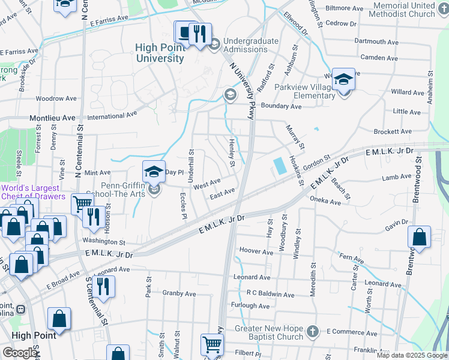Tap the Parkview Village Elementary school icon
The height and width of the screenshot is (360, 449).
(x=343, y=80)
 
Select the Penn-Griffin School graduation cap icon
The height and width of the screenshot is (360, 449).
(x=154, y=172)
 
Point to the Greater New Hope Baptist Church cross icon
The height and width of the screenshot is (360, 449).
(x=312, y=331)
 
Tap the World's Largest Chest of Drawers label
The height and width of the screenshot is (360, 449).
(x=33, y=192)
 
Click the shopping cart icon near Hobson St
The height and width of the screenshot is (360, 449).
(x=81, y=204)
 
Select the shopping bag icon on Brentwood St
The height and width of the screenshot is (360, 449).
(x=419, y=238)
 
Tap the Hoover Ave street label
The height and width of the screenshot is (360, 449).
(x=256, y=251)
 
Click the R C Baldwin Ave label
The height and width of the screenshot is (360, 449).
(x=270, y=295)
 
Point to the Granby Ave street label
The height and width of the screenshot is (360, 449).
(x=179, y=294)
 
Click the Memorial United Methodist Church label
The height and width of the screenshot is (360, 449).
(x=403, y=9)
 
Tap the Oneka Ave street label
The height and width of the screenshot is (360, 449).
(x=325, y=202)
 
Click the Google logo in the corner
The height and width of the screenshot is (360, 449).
(x=20, y=353)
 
